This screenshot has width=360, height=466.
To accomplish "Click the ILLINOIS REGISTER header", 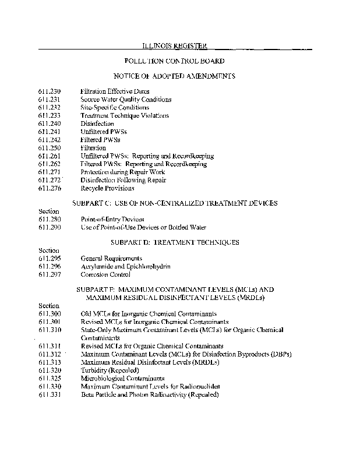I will pos(175,45).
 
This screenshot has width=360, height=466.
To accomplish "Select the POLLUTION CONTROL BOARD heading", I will pos(175,61).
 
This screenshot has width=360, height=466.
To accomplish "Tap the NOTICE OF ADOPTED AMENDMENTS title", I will pos(175,76).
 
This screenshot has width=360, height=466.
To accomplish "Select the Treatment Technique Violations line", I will pos(125,116).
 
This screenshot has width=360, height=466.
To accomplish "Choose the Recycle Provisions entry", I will pos(107,188).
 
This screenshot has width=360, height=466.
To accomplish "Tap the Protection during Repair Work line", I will pos(123,172).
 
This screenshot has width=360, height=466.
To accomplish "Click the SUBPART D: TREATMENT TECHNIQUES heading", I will pos(175,242).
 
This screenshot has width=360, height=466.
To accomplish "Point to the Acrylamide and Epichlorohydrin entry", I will pos(125,266).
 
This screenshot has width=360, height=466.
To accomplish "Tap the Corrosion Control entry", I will pos(105,274).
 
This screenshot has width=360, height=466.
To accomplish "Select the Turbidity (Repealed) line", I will pos(110,370).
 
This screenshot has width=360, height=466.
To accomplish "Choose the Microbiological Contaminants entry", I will pos(123,378).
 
